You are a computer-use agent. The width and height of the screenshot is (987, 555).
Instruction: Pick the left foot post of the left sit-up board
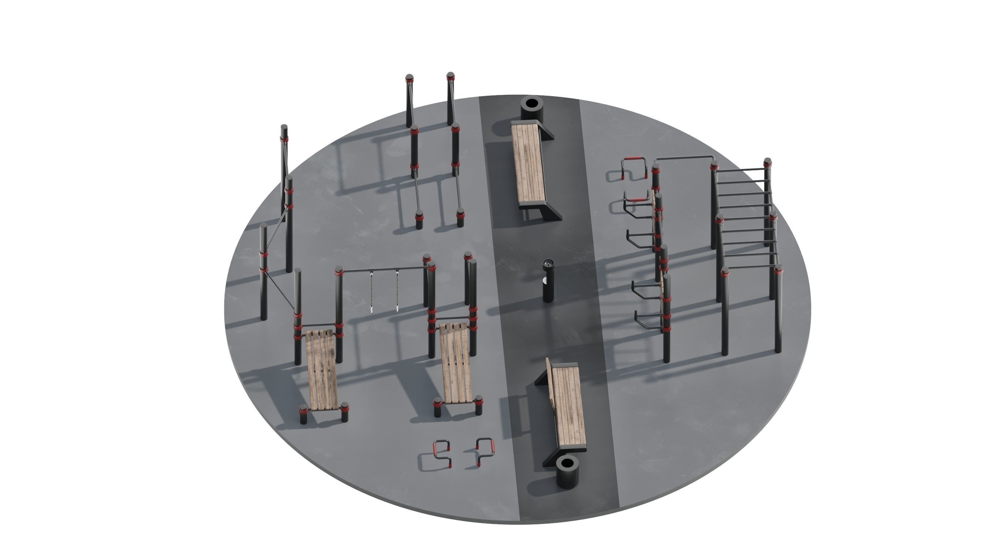tap(303, 414)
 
